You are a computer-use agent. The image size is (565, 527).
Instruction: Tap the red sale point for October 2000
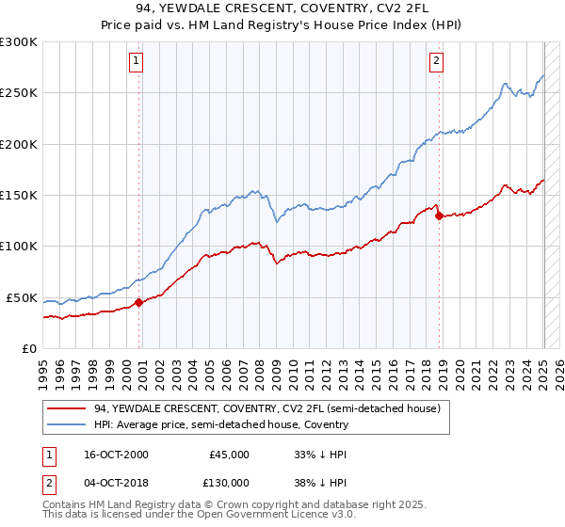138,302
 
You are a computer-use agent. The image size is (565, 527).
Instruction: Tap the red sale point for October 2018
440,216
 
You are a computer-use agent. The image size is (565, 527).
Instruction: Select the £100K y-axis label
20,247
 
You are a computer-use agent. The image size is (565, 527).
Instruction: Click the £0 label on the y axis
29,348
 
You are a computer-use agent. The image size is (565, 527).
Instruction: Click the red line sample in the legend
66,408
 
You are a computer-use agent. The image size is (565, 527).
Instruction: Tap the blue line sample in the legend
66,424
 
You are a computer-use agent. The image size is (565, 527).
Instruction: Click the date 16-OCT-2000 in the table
116,455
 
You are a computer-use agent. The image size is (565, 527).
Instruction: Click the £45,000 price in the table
230,455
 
